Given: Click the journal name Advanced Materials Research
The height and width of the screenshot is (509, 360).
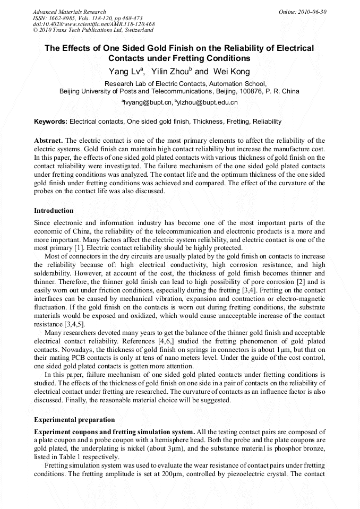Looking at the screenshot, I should (69, 12).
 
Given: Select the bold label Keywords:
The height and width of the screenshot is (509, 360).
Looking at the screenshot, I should (51, 122).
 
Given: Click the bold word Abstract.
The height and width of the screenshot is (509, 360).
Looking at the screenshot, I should (48, 141).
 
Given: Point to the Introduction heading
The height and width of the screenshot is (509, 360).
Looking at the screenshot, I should (54, 211).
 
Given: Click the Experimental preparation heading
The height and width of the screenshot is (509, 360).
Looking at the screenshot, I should (74, 420).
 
